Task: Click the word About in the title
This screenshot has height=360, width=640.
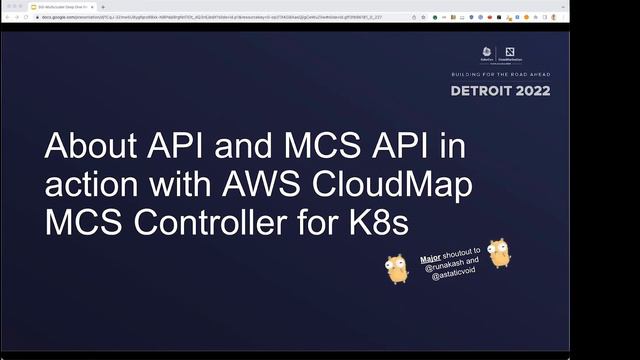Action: coord(91,146)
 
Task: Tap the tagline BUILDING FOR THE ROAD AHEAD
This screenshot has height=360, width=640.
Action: coord(500,73)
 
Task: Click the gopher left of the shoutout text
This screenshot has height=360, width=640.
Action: coord(397,267)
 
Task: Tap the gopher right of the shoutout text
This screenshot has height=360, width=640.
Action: coord(497,255)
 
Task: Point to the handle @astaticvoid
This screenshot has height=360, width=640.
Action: coord(450,274)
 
